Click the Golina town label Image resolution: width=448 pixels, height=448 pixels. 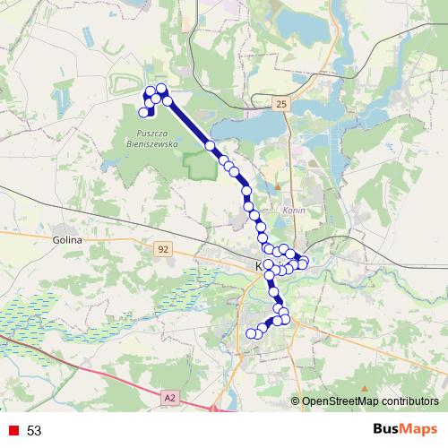coord(67,240)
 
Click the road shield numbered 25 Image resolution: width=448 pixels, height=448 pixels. coord(282,105)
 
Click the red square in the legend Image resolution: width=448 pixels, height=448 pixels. coord(13,431)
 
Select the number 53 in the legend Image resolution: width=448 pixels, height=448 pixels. coord(35,431)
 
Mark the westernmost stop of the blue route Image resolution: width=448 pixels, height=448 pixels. coord(143,112)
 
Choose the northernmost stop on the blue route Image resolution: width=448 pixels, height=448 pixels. coord(161,88)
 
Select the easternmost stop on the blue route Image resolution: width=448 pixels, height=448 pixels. coord(304,263)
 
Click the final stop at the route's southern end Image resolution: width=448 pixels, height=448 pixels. coord(251,333)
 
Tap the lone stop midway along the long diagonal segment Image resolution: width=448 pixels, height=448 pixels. coord(210,145)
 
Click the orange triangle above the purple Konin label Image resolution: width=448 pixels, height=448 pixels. coord(278,186)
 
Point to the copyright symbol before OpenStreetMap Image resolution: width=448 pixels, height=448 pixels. coord(295,401)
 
